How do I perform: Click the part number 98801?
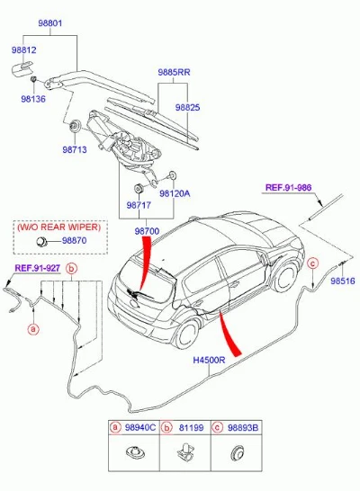50,23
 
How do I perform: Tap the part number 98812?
23,50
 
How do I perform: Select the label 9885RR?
174,72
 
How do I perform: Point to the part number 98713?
75,149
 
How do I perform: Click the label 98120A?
175,193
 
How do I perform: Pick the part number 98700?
147,231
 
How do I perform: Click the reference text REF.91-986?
289,188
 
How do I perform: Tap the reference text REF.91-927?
38,268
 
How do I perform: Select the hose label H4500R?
209,360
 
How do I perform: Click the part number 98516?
343,281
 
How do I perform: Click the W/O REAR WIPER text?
59,227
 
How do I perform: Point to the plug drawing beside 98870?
41,241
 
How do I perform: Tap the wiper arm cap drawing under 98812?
22,68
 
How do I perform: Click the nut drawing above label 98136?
33,79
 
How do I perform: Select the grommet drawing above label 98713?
76,126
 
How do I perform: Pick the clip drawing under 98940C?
135,452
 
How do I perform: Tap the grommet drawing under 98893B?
238,453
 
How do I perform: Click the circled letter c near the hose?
312,263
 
